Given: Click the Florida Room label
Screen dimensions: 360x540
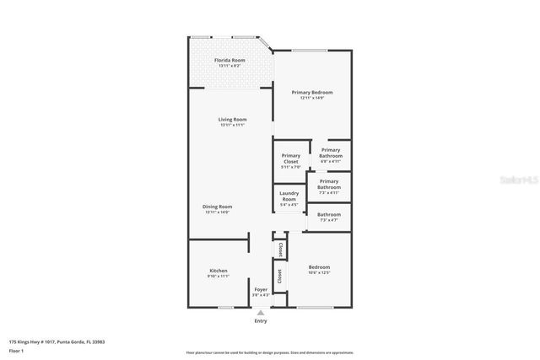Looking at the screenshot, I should click(x=229, y=61).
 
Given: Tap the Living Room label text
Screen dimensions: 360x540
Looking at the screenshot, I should click(x=232, y=120).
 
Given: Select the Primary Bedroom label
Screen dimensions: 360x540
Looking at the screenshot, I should click(x=312, y=92).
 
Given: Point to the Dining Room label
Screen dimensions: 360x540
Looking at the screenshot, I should click(x=218, y=207).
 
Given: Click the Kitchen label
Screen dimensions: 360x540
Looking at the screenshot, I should click(x=219, y=271).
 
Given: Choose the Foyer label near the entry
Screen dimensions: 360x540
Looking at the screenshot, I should click(x=261, y=289).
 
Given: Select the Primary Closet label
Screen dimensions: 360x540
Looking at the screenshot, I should click(x=291, y=158).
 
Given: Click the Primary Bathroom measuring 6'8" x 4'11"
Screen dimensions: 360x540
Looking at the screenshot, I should click(x=331, y=153).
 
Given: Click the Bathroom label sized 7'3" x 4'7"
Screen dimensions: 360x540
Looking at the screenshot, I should click(x=329, y=214).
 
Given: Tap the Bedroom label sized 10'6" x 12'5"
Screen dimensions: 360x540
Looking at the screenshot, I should click(x=319, y=267).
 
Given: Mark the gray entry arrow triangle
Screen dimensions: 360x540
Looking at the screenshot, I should click(x=261, y=312).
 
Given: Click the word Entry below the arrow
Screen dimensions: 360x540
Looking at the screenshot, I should click(x=261, y=321).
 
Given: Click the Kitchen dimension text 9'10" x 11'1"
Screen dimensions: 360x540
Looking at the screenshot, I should click(x=219, y=276).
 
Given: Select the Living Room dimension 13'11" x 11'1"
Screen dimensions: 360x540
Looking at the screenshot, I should click(x=232, y=125).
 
